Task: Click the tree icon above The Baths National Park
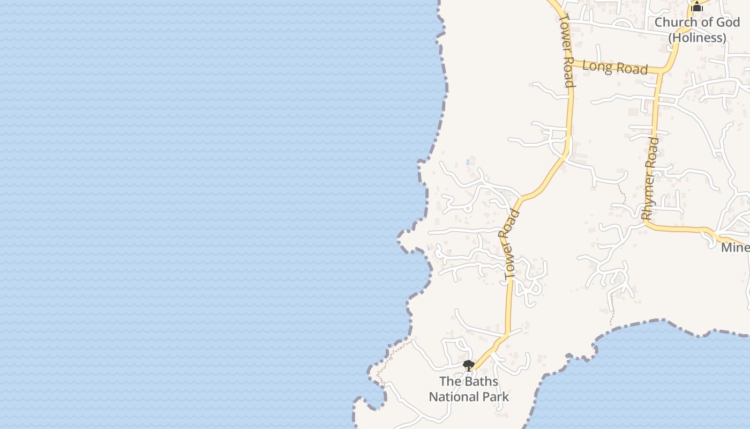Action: point(469,366)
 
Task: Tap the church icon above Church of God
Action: point(696,7)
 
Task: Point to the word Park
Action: point(495,397)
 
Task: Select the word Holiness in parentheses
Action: point(697,38)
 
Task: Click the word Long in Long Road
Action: point(596,66)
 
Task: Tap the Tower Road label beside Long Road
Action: point(567,49)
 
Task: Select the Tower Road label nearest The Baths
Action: point(512,245)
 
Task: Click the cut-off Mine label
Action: point(735,248)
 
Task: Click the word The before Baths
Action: point(449,382)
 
